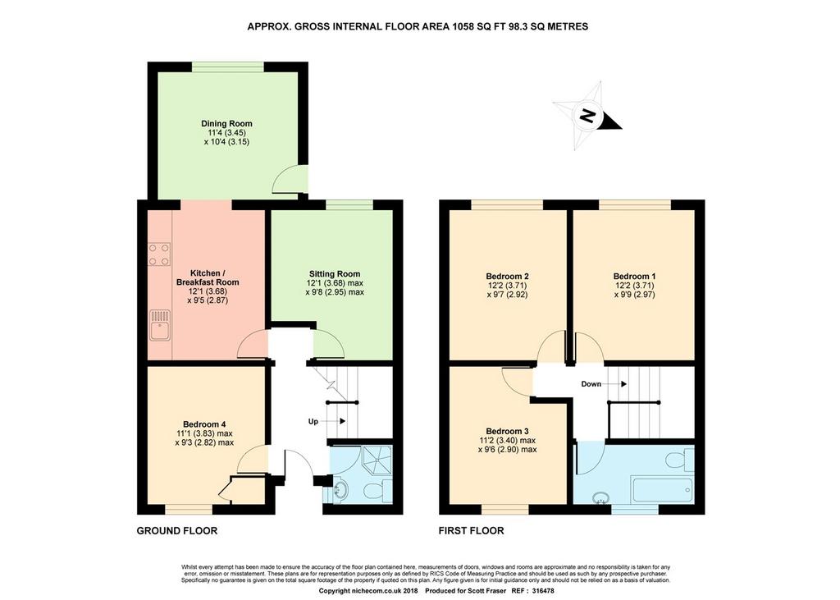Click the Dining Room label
coord(226,123)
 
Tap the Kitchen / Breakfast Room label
coord(208,277)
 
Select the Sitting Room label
coord(335,273)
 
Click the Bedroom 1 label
coord(634,277)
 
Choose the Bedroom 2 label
coord(507,277)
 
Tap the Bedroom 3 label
coord(507,431)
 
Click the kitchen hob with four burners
coord(160,254)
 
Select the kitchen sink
coord(160,325)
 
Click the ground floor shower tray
coord(378,460)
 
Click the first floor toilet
coord(679,460)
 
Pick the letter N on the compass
coord(587,115)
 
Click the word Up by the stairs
coord(313,421)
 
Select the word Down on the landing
coord(591,384)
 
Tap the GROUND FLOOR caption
coord(177,531)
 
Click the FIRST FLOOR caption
coord(472,531)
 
